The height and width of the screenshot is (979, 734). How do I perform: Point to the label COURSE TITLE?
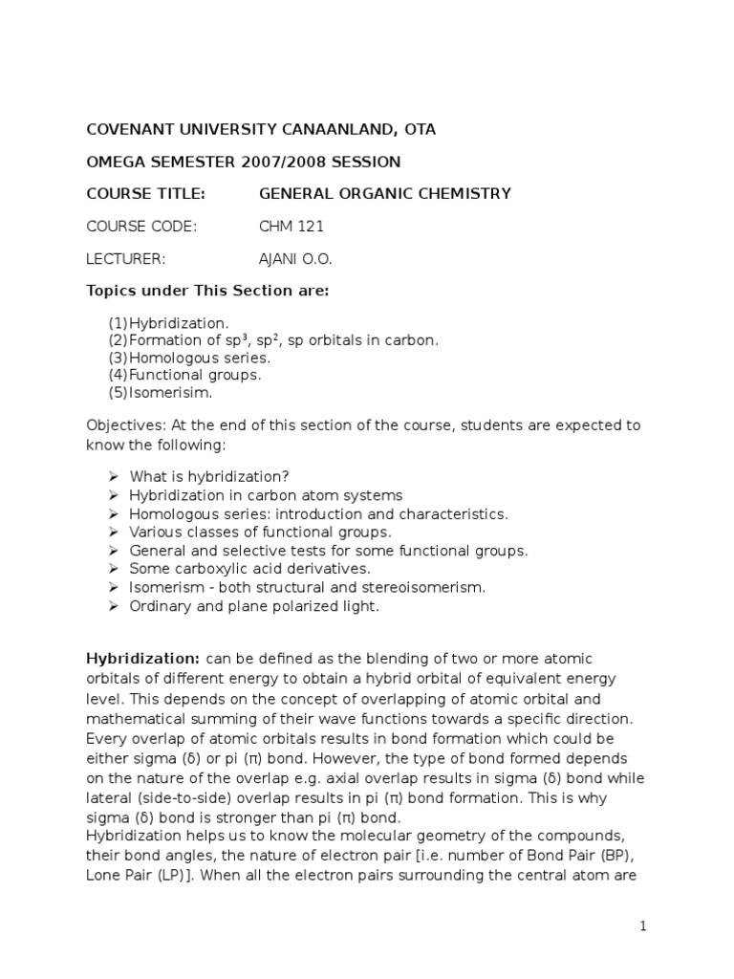click(145, 194)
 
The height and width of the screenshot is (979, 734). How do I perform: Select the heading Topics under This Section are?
click(208, 291)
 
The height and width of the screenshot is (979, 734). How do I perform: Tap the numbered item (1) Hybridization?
click(169, 324)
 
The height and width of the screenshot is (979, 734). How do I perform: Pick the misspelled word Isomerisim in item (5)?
click(171, 393)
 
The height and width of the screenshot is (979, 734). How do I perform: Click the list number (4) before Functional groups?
click(118, 376)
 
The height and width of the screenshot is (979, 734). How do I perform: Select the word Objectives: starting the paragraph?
click(124, 424)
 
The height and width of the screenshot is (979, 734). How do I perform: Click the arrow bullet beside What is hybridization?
click(111, 477)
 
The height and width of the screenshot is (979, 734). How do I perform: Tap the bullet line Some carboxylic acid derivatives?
click(249, 569)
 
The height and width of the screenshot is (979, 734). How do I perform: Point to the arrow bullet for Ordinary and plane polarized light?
click(111, 606)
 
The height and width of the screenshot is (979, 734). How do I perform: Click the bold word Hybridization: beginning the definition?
click(143, 659)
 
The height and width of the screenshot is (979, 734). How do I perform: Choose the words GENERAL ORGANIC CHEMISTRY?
click(384, 194)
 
